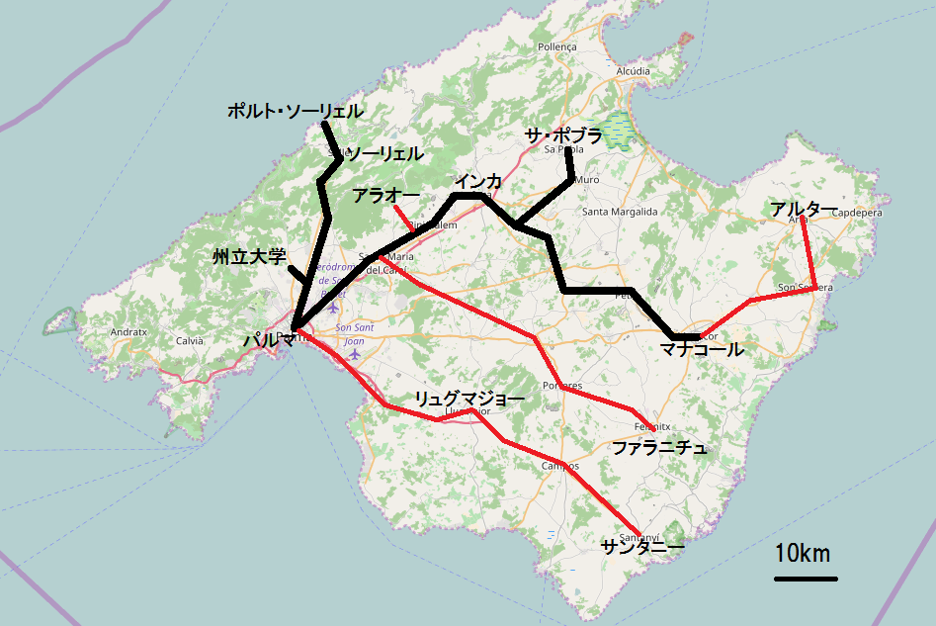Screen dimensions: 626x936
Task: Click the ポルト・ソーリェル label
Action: coord(295,113)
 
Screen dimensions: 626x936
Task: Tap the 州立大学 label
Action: coord(249,257)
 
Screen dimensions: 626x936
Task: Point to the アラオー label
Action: coord(385,196)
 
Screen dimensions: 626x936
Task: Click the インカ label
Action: coord(478,182)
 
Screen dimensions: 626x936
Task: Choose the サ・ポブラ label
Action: coord(564,137)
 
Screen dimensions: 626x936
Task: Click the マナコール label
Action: coord(702,349)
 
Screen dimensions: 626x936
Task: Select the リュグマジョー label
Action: coord(468,400)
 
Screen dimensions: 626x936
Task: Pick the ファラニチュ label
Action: coord(659,448)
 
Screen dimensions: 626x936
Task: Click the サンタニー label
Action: coord(641,546)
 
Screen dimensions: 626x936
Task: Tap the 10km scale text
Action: coord(803,553)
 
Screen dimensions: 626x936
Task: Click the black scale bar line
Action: coord(806,579)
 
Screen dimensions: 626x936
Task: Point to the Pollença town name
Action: coord(556,46)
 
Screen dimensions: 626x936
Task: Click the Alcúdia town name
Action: coord(633,71)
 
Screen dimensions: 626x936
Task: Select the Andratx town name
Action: coord(128,333)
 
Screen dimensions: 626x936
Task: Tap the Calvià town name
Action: coord(189,340)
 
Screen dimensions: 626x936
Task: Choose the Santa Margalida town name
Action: coord(620,212)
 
